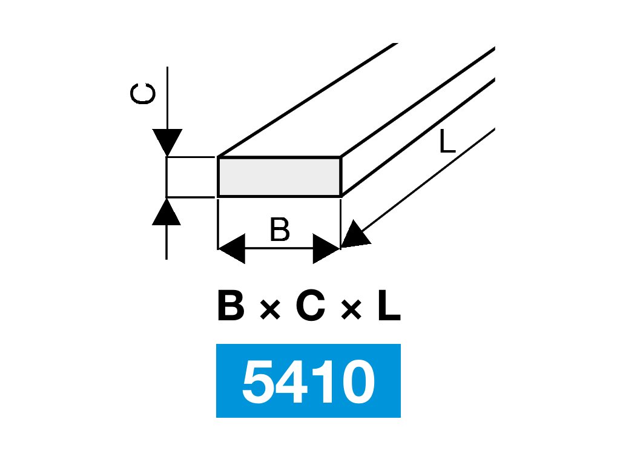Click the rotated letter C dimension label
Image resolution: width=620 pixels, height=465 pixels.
[143, 95]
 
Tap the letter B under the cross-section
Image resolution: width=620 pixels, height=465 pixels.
[280, 231]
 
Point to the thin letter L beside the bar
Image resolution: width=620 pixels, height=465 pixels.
[447, 142]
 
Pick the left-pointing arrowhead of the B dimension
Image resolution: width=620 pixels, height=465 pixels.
[231, 249]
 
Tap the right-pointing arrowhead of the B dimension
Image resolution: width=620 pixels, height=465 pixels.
[326, 249]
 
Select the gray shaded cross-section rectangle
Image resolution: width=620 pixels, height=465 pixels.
[279, 176]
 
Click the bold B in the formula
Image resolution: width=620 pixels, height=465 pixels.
[230, 308]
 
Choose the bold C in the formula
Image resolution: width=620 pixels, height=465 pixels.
[312, 308]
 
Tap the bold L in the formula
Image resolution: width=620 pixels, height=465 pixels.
[388, 308]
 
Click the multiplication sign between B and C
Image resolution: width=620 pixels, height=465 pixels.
[271, 311]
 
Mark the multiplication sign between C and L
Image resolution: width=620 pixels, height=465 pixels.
[351, 311]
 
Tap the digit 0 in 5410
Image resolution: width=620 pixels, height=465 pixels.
[357, 382]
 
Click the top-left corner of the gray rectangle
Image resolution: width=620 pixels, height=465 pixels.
[218, 157]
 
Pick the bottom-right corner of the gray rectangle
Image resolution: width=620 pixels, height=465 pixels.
[340, 196]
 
